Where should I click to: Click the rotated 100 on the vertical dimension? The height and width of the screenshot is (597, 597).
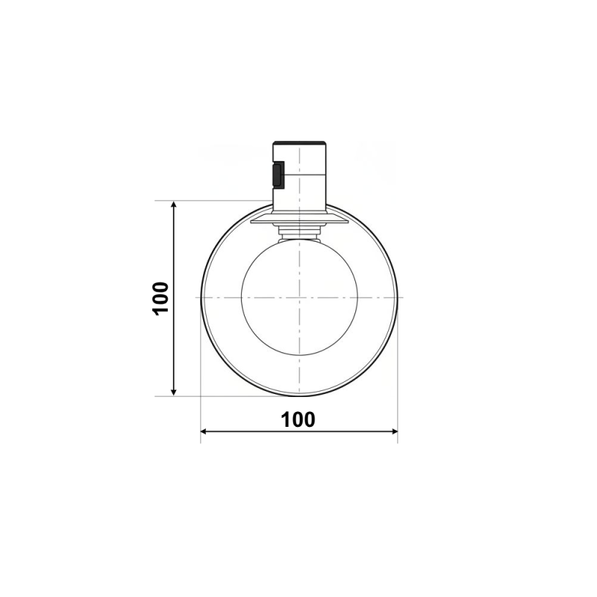(160, 298)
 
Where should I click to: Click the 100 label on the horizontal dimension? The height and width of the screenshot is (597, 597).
(298, 419)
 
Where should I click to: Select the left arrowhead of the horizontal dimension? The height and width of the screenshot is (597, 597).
(204, 431)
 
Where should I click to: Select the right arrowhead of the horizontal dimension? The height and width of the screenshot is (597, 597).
(393, 431)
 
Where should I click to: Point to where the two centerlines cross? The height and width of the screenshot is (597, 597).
(299, 297)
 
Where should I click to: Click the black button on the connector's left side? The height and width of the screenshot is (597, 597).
(278, 175)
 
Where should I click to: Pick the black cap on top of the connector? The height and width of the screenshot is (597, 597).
(299, 143)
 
